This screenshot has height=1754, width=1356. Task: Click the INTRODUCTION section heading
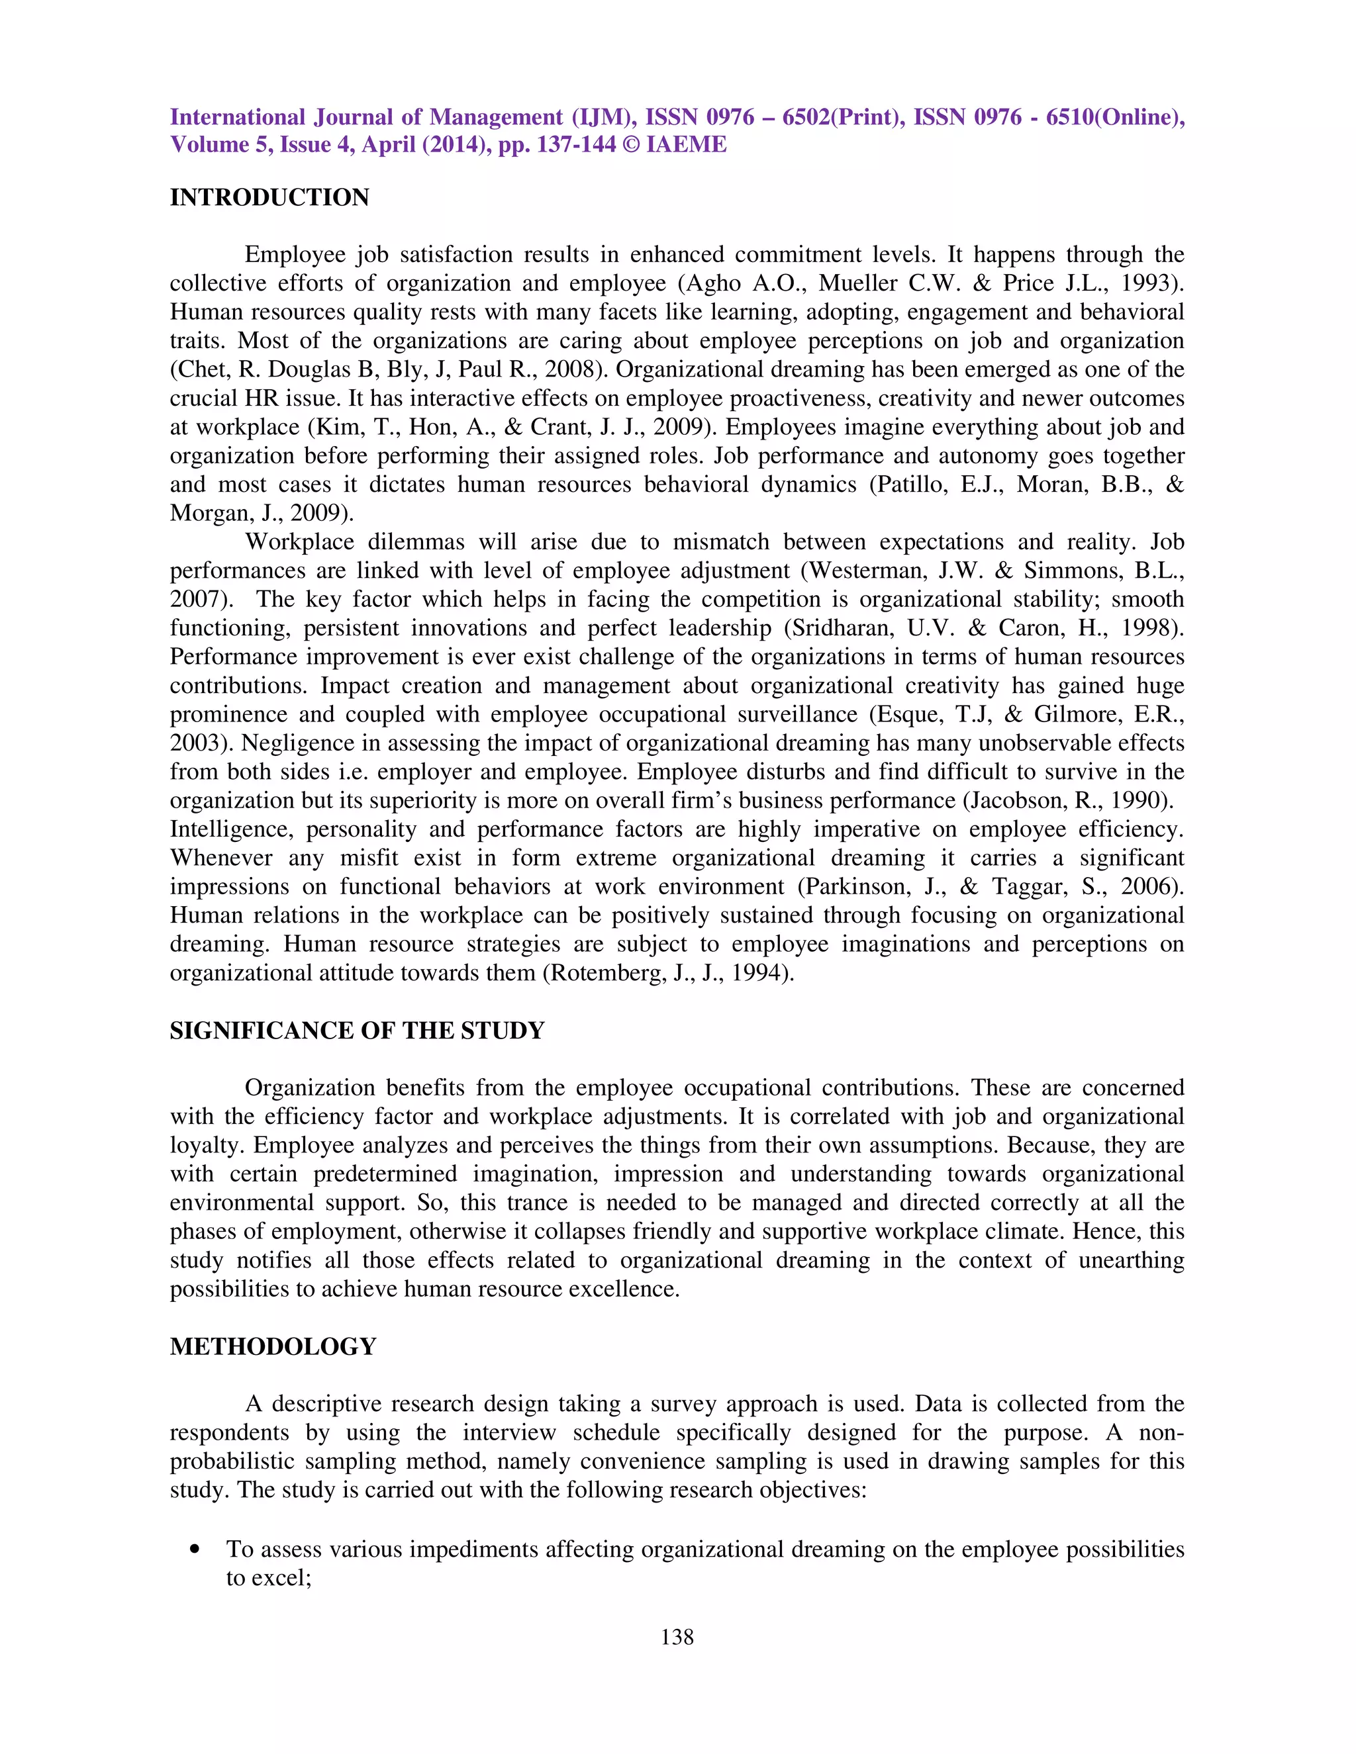[x=269, y=197]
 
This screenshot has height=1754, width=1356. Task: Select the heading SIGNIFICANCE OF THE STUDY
[x=357, y=1031]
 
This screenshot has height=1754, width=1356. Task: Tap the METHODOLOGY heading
[x=273, y=1347]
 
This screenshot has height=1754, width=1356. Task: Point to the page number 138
[x=677, y=1637]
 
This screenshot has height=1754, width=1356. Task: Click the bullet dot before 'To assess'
[x=195, y=1550]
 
